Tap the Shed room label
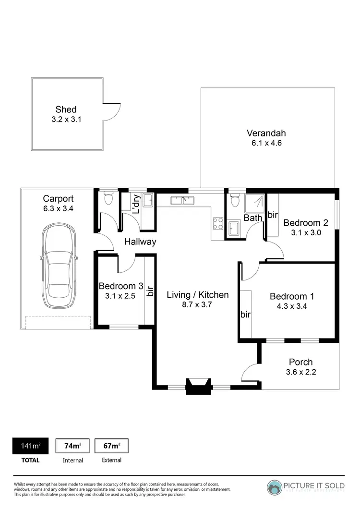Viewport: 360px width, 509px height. pyautogui.click(x=66, y=109)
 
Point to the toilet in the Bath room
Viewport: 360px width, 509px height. pyautogui.click(x=235, y=201)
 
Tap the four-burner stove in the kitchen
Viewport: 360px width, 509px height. pyautogui.click(x=218, y=222)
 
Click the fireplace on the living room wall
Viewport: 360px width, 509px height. pyautogui.click(x=199, y=385)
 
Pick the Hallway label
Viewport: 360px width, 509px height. pyautogui.click(x=140, y=242)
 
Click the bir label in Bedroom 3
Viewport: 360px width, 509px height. pyautogui.click(x=150, y=291)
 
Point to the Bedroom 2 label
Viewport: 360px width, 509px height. pyautogui.click(x=305, y=223)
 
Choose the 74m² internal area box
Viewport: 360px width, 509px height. pyautogui.click(x=72, y=446)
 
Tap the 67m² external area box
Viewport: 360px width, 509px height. pyautogui.click(x=111, y=446)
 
